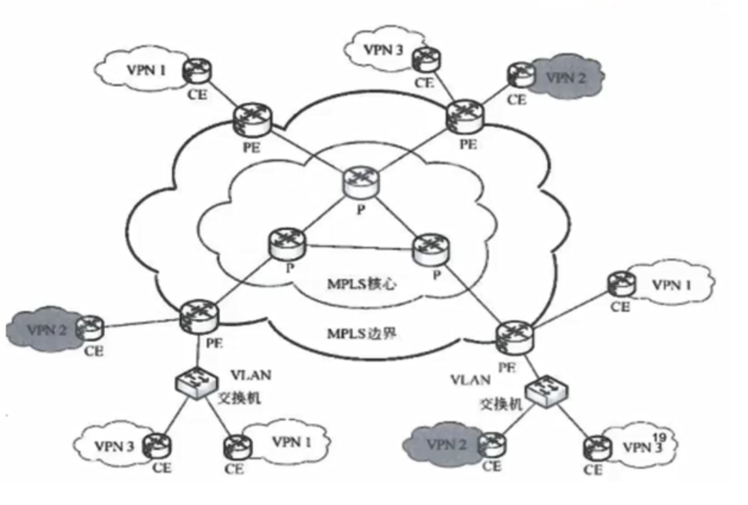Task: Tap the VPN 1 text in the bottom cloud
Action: (288, 442)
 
